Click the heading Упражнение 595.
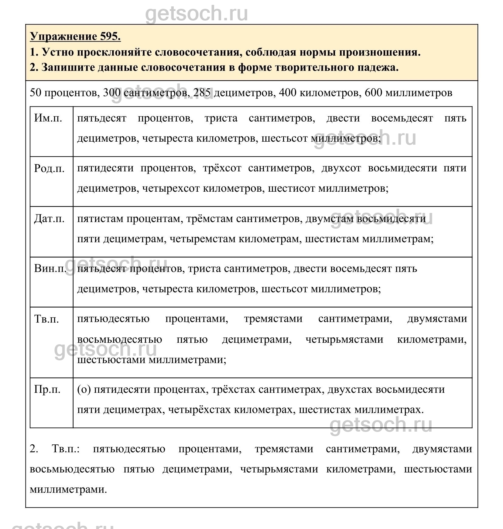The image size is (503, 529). [75, 37]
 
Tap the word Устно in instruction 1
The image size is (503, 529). [58, 52]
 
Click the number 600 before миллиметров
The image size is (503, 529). [373, 93]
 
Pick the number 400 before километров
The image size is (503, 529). [288, 93]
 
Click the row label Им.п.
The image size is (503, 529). [48, 118]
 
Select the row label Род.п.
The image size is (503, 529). [49, 168]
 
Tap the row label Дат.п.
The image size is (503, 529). [49, 219]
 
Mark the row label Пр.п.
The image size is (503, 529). [47, 389]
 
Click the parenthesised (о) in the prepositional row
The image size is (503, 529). [84, 389]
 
